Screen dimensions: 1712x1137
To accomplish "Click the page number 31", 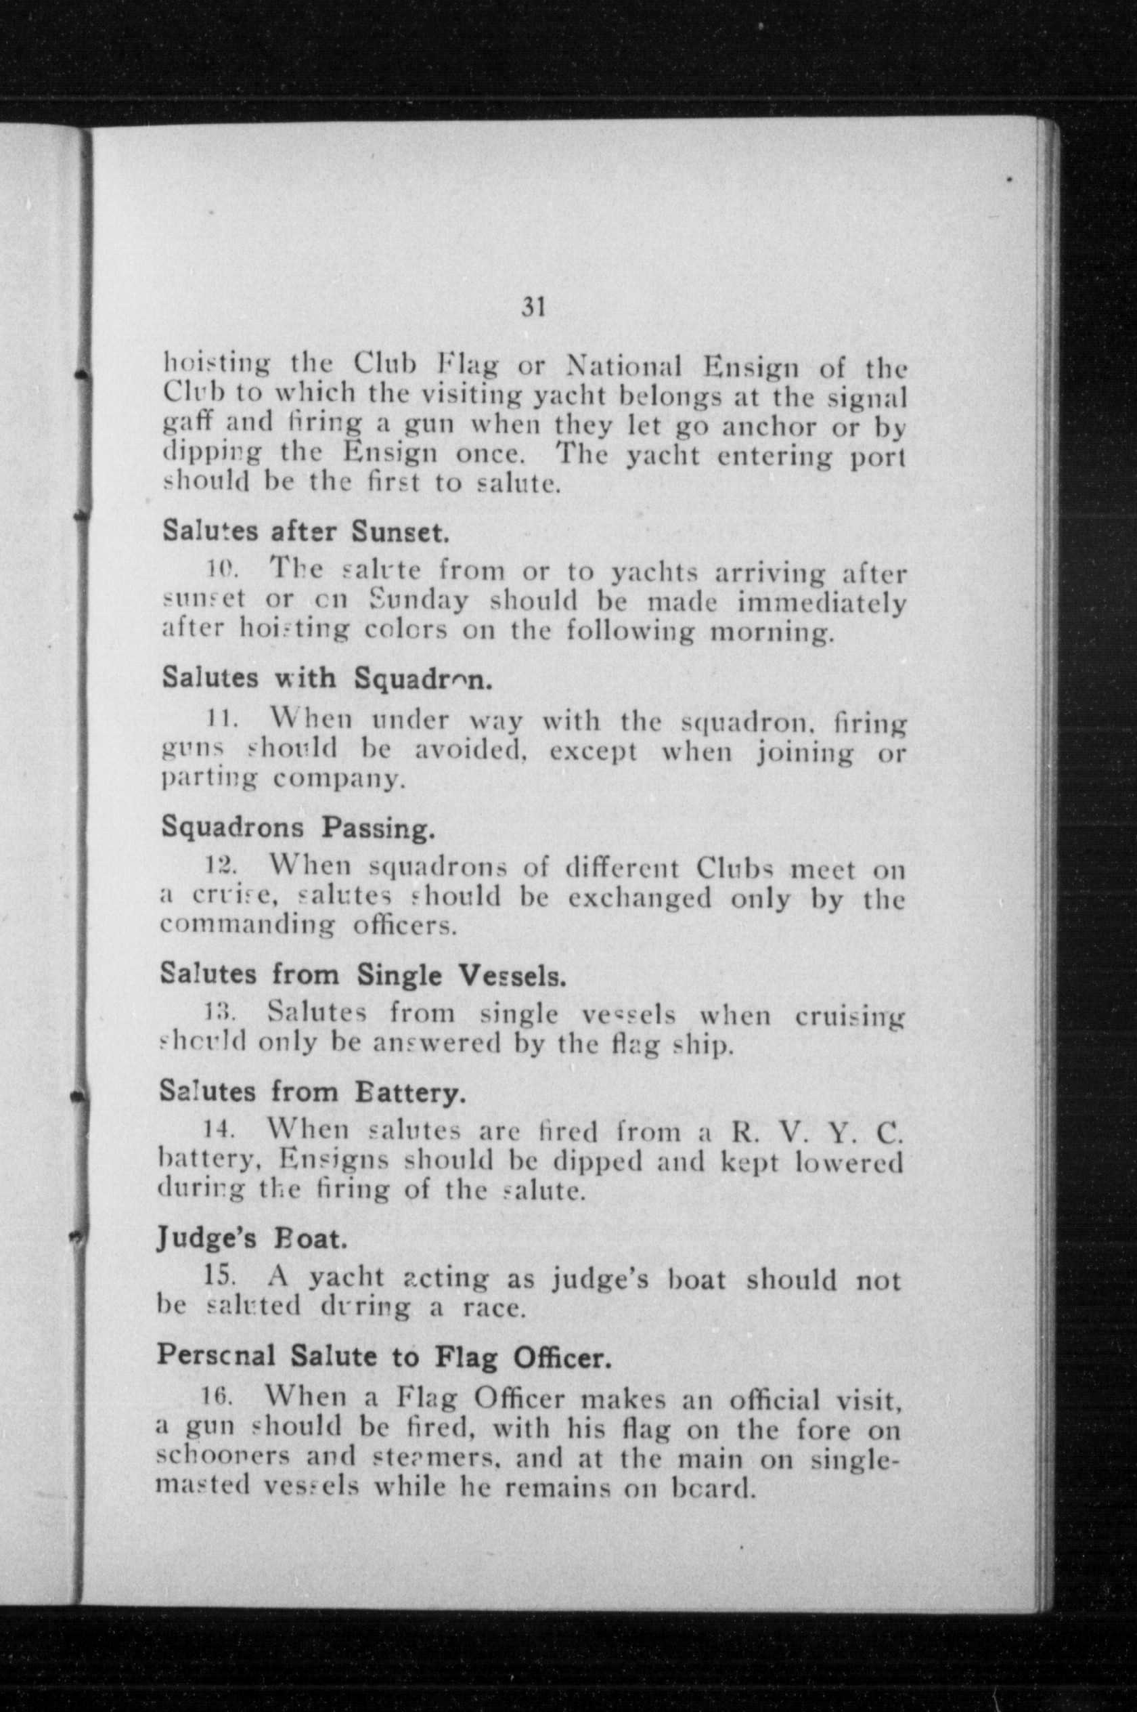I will click(533, 307).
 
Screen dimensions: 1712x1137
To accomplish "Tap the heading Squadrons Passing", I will click(297, 827).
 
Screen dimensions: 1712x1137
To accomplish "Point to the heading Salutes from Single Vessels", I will click(363, 975).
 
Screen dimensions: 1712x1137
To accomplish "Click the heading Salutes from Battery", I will click(312, 1092).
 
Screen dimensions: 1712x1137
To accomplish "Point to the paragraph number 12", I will click(217, 867).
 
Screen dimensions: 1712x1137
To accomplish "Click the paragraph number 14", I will click(216, 1130).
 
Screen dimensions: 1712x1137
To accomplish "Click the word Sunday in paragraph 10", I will click(419, 601).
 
